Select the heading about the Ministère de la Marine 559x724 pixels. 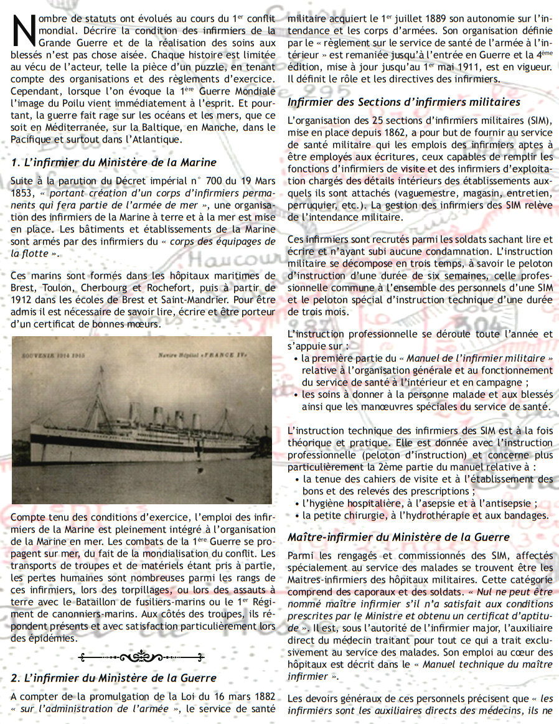(x=114, y=162)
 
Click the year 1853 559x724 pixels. (x=24, y=193)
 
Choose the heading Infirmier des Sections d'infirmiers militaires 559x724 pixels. (x=404, y=101)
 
